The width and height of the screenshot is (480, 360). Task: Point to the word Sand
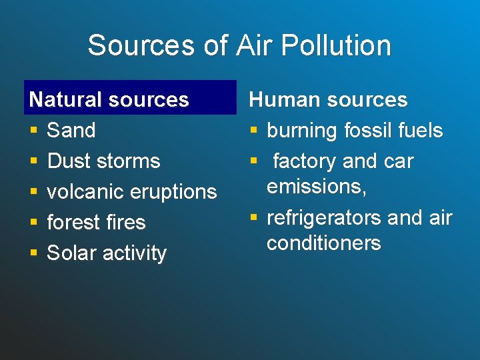(71, 130)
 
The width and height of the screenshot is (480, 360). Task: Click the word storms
(126, 161)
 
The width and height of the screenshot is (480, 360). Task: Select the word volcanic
(85, 191)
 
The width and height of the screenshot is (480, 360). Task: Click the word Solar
(70, 253)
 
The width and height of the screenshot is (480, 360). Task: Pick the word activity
(133, 253)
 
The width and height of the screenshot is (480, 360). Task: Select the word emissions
(316, 187)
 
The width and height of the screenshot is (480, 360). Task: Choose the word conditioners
(323, 243)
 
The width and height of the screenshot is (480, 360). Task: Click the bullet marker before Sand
(33, 131)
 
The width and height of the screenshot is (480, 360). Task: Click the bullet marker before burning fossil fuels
(253, 131)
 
